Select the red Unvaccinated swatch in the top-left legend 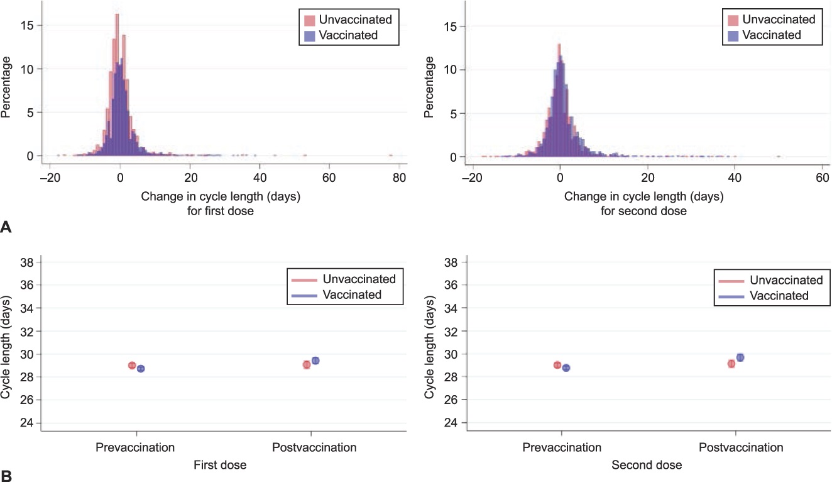tap(310, 20)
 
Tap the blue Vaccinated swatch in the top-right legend tap(733, 35)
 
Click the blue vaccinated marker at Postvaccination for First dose tap(315, 361)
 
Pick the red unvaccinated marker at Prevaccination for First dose tap(132, 365)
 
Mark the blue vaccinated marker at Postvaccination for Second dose tap(740, 357)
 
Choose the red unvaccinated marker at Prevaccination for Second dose tap(557, 365)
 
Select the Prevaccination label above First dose tap(135, 448)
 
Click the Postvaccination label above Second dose tap(741, 448)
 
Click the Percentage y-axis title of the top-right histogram tap(430, 87)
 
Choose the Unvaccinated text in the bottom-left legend tap(359, 279)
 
